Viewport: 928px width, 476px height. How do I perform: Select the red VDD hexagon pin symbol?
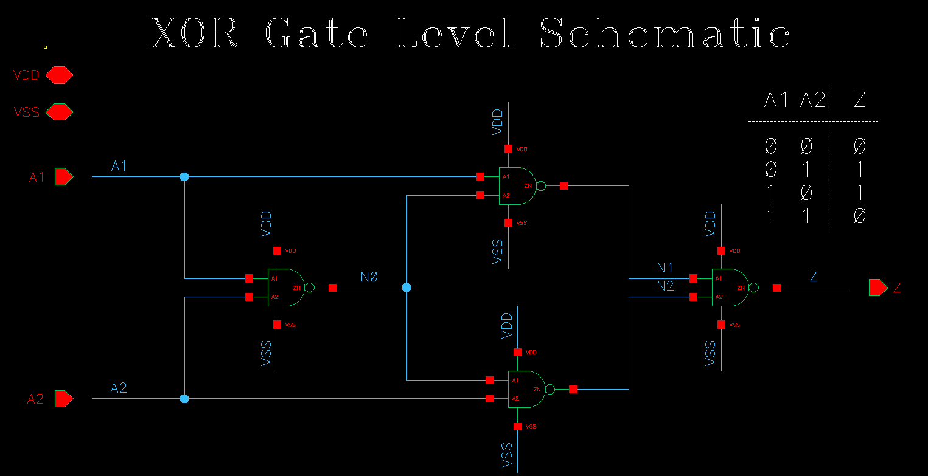coord(59,75)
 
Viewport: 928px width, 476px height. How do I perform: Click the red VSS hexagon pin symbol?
coord(59,112)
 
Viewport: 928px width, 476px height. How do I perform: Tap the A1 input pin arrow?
coord(63,176)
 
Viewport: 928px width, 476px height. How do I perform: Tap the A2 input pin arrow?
coord(63,399)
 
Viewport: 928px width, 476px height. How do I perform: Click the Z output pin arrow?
coord(878,288)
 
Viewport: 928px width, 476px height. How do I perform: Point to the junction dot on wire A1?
coord(184,177)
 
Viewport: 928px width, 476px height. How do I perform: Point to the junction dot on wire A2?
coord(184,399)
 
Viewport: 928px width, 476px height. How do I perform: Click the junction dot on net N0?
coord(406,288)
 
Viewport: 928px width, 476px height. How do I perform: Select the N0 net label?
coord(369,277)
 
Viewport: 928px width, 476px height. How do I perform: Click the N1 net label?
coord(665,268)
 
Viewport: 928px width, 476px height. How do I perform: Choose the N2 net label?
coord(665,286)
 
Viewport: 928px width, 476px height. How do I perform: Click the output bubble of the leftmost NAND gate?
coord(309,288)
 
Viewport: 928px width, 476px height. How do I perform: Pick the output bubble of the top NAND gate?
coord(542,186)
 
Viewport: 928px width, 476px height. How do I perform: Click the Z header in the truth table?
coord(859,100)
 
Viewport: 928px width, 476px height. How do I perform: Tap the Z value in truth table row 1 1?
coord(859,216)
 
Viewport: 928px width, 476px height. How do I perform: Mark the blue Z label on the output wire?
coord(813,277)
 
